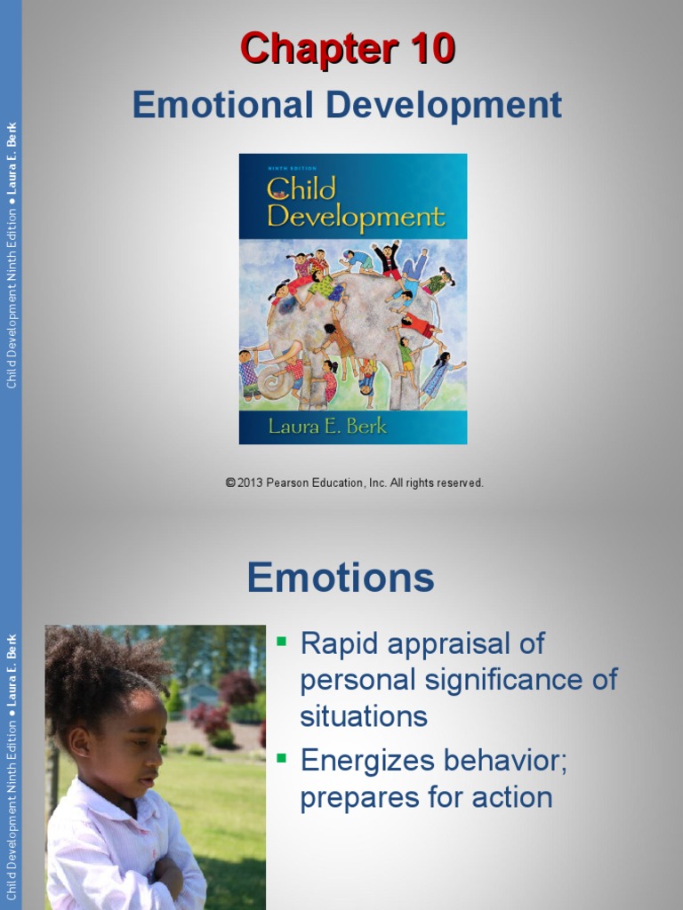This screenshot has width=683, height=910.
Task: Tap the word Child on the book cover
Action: point(302,189)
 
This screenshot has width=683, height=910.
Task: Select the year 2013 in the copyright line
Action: point(253,483)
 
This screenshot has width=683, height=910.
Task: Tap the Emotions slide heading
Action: point(341,578)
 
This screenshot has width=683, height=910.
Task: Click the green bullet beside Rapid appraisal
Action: point(283,640)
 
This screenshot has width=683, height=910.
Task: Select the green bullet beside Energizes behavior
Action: point(283,758)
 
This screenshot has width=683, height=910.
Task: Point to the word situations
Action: point(364,716)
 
